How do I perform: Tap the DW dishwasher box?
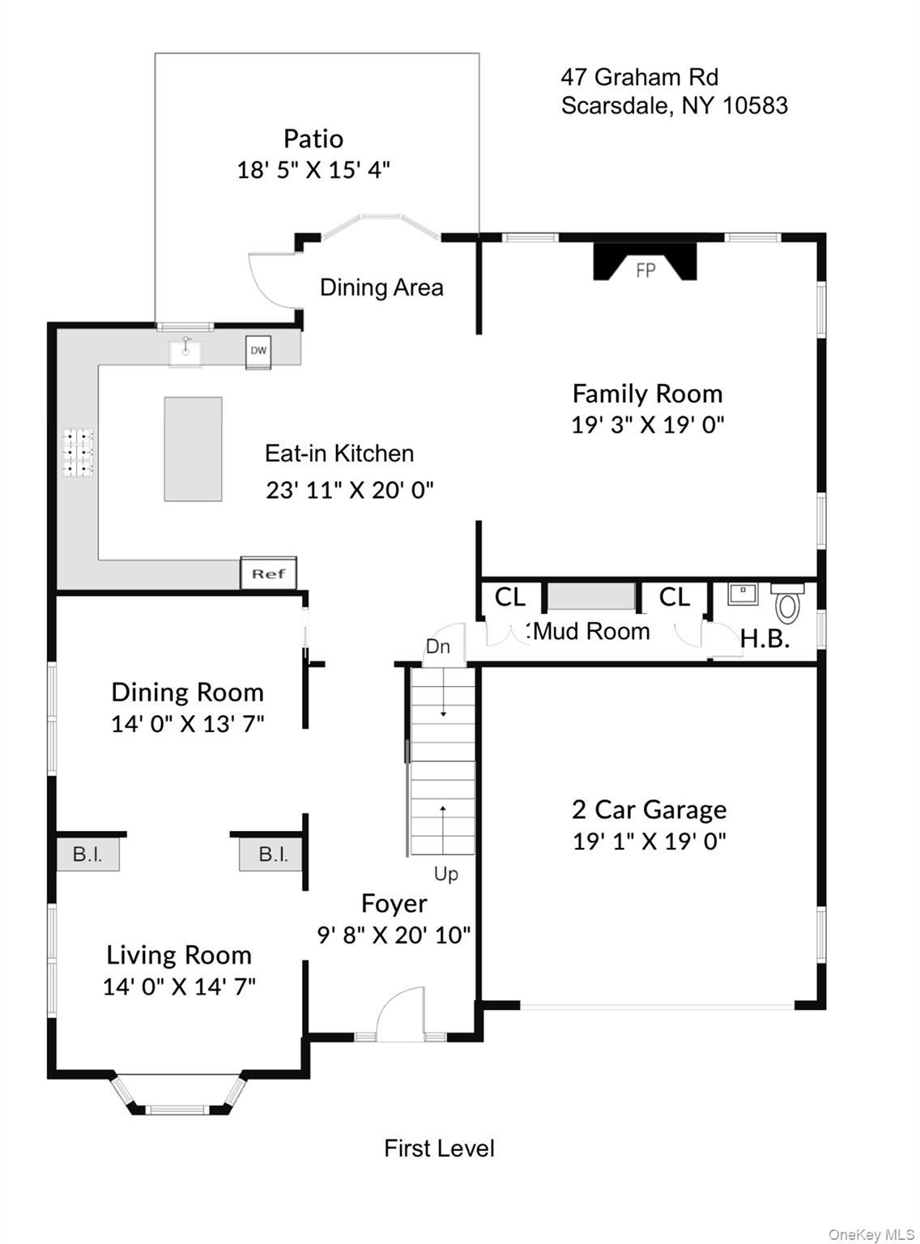tap(258, 351)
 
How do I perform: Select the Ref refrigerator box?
tap(268, 573)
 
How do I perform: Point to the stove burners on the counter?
tap(79, 452)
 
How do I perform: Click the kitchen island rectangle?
tap(193, 449)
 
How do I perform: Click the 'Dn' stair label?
tap(437, 646)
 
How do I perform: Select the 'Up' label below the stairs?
tap(445, 874)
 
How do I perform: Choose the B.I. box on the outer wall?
tap(87, 854)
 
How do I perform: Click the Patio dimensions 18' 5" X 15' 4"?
tap(313, 170)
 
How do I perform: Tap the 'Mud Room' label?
tap(592, 631)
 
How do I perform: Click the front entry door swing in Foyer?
tap(401, 1015)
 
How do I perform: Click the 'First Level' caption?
tap(439, 1148)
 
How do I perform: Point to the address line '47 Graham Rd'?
tap(639, 77)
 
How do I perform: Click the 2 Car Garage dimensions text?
tap(649, 841)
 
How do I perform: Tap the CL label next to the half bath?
tap(674, 597)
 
